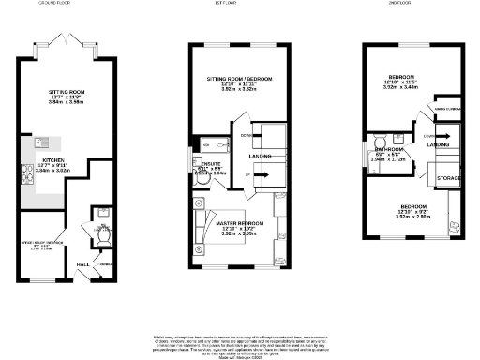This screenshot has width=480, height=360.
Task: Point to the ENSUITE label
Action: (x=211, y=165)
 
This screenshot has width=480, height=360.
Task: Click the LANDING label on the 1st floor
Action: (x=260, y=157)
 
